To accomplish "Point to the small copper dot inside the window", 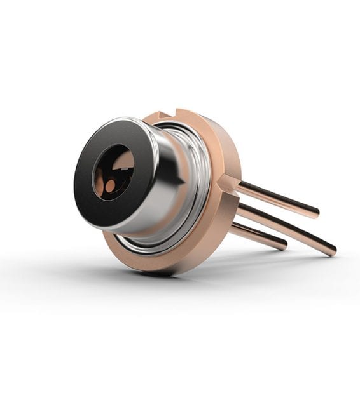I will tap(110, 186).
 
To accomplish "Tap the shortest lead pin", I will tap(258, 236).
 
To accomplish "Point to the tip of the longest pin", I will tap(332, 250).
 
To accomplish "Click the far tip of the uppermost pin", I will tap(315, 211).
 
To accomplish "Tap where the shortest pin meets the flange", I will tap(232, 227).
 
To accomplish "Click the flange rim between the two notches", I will tap(210, 137).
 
